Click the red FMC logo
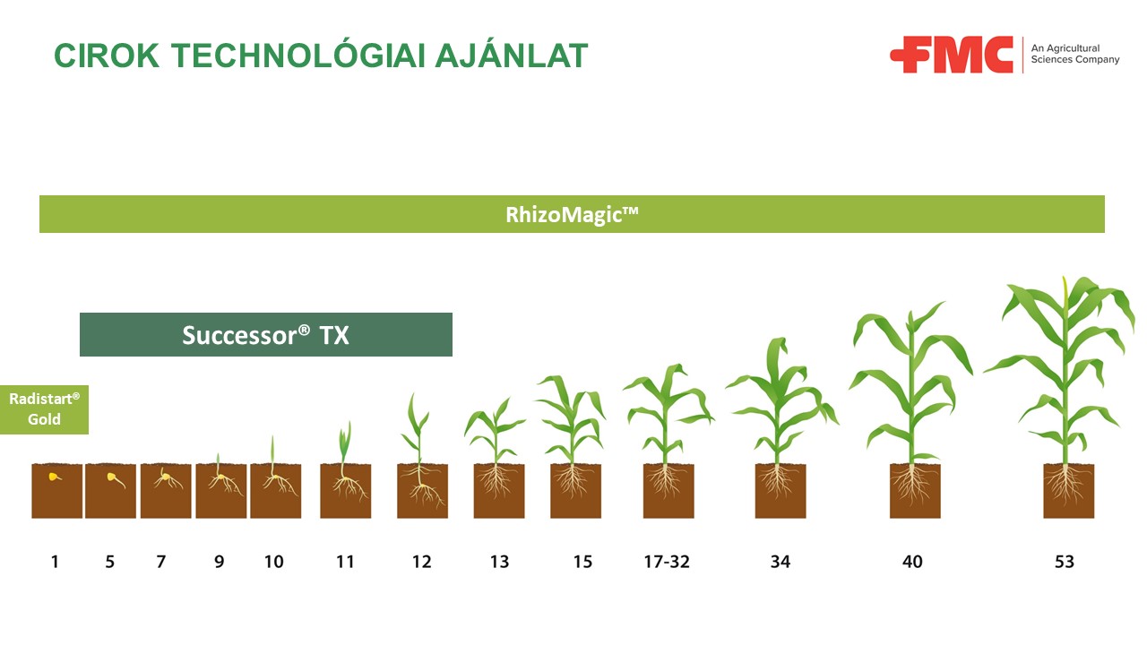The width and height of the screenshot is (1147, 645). pos(952,55)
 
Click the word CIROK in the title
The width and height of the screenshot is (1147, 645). pos(107,56)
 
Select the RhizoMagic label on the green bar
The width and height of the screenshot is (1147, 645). pos(572,214)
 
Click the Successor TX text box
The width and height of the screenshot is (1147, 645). pos(266,335)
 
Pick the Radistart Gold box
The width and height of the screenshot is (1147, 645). pos(44,409)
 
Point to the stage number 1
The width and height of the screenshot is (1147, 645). pos(55,562)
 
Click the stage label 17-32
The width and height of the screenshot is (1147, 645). pos(667,562)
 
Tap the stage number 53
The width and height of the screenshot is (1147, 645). pos(1064,562)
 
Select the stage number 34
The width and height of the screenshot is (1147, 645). pos(780,562)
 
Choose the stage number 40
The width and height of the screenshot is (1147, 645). pos(912,562)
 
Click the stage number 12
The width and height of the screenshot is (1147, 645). pos(421,562)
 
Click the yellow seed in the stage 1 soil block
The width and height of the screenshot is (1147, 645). pos(54,477)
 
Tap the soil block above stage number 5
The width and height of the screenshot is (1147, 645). pos(110,491)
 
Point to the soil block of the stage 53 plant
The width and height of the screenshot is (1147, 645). pos(1069,491)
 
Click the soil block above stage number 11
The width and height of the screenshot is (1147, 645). pos(346,491)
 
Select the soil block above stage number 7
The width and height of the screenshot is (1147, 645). pos(166,491)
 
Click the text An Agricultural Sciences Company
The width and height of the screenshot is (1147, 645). pos(1074,54)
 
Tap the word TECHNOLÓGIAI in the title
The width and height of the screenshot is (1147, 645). pos(298,55)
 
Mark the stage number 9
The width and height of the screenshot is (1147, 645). pos(220,562)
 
